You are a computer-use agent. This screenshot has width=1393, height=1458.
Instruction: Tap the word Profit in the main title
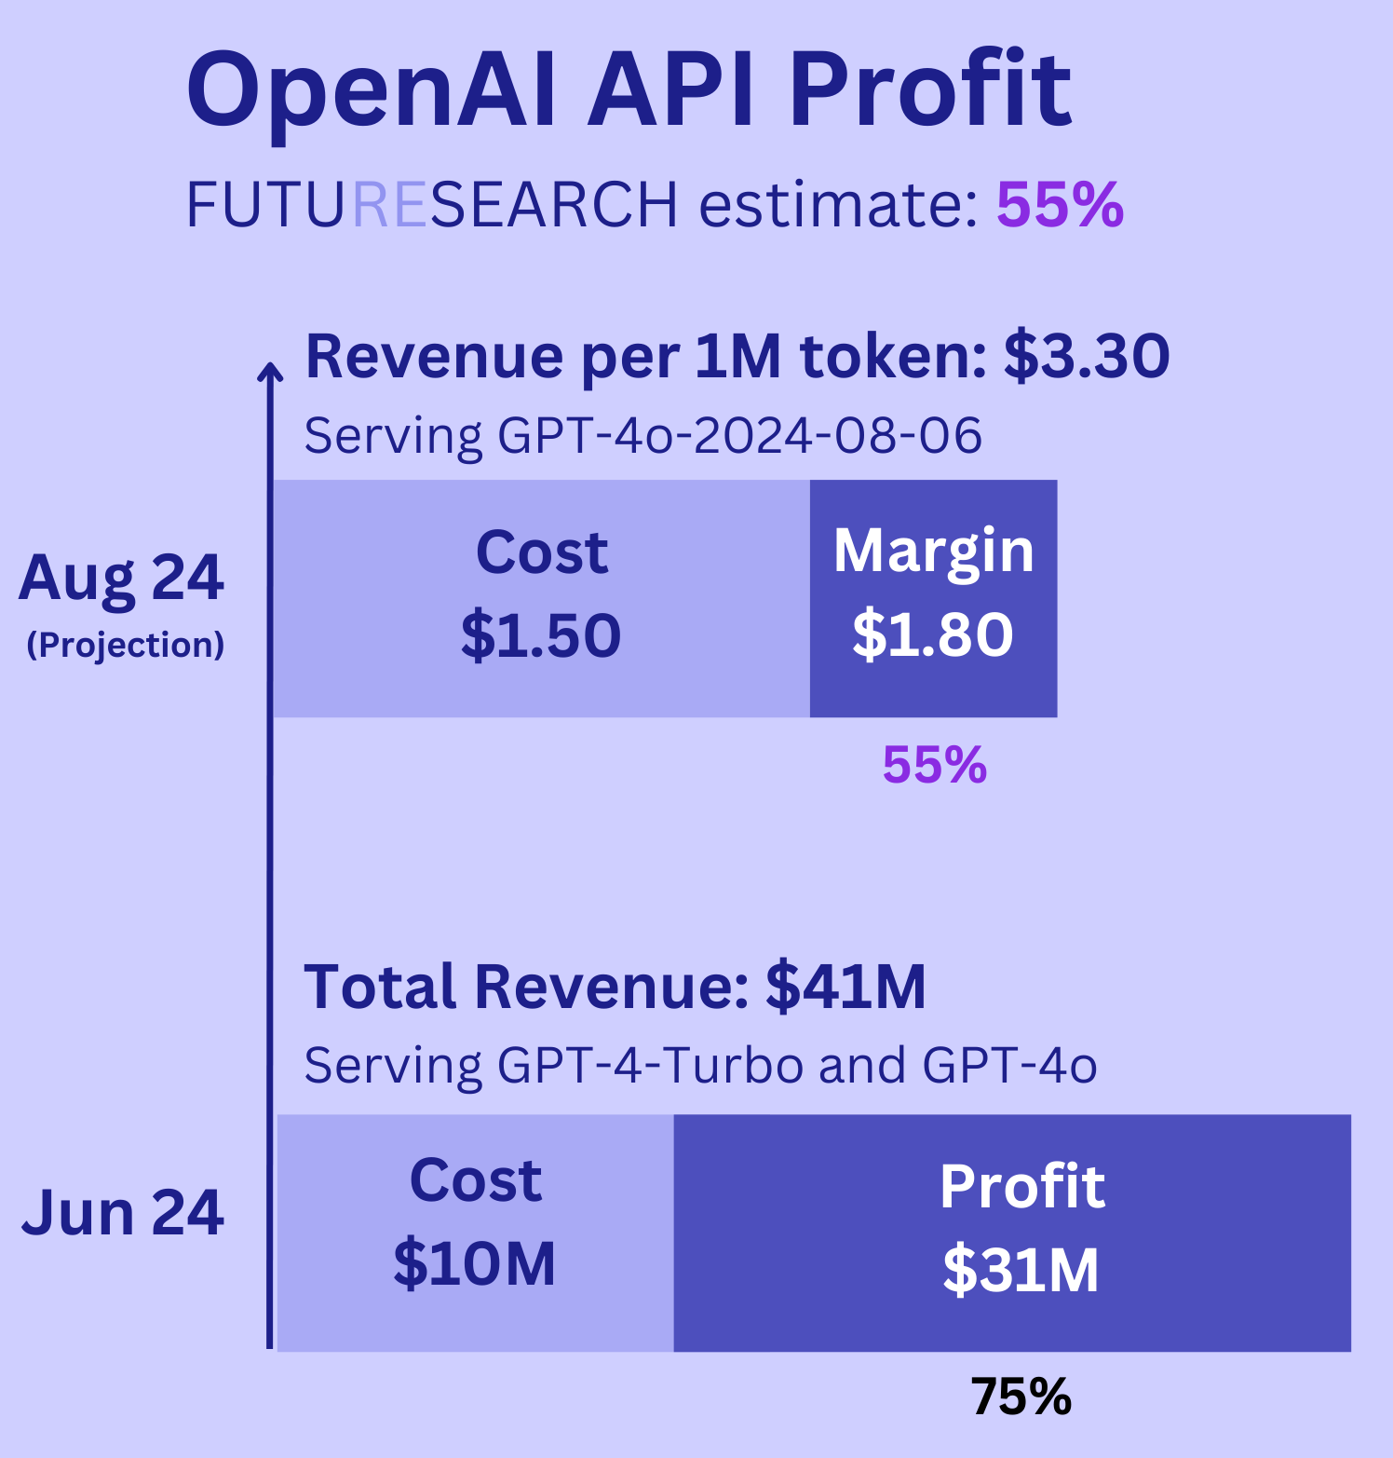[x=930, y=91]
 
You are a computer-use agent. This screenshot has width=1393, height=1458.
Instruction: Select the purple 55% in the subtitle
[x=1060, y=205]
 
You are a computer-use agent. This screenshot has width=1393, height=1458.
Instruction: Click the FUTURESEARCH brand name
[x=432, y=205]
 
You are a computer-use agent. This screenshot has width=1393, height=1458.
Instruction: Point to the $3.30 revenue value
[x=1086, y=357]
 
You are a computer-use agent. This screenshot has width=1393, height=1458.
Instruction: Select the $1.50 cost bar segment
[x=541, y=598]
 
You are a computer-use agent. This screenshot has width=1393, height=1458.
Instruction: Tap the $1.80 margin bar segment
[x=933, y=598]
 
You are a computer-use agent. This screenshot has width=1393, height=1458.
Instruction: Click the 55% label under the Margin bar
[x=934, y=766]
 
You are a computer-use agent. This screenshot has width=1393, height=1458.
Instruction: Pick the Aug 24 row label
[x=121, y=578]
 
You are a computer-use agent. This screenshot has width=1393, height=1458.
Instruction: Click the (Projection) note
[x=126, y=645]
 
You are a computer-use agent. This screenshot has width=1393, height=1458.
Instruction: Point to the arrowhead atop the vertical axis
[x=270, y=372]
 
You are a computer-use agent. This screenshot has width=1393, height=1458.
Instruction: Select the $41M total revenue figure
[x=845, y=988]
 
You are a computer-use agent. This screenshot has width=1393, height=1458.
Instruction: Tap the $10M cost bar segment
[x=475, y=1232]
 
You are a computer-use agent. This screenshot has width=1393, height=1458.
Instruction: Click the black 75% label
[x=1021, y=1397]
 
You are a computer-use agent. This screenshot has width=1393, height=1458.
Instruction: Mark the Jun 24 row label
[x=122, y=1213]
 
